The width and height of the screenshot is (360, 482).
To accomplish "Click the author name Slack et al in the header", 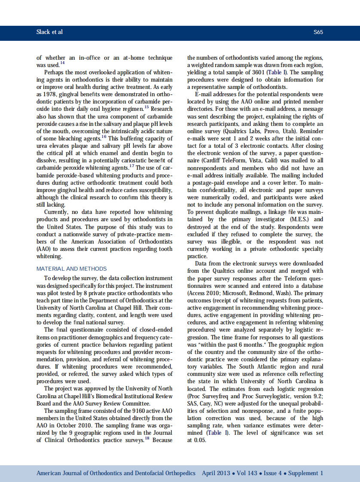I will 49,32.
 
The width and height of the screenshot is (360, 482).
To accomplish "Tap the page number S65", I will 318,32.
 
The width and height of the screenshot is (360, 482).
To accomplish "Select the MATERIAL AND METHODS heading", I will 71,268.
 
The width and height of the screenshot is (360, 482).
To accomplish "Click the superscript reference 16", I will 104,137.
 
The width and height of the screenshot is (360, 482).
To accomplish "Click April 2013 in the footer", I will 216,473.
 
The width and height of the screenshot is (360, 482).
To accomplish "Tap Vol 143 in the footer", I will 247,473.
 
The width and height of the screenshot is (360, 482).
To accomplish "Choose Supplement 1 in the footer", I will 305,473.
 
